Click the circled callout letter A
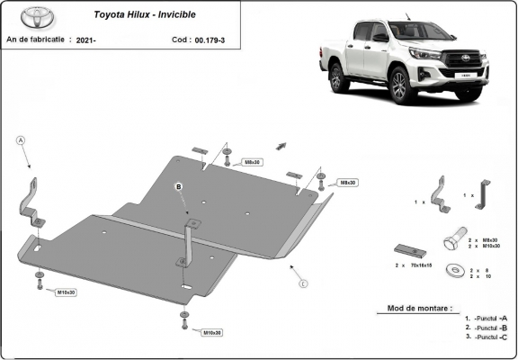(20, 139)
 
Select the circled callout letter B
(179, 186)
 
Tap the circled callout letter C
(304, 284)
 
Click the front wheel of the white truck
(402, 84)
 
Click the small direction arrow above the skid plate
(281, 144)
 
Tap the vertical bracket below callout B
(187, 240)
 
